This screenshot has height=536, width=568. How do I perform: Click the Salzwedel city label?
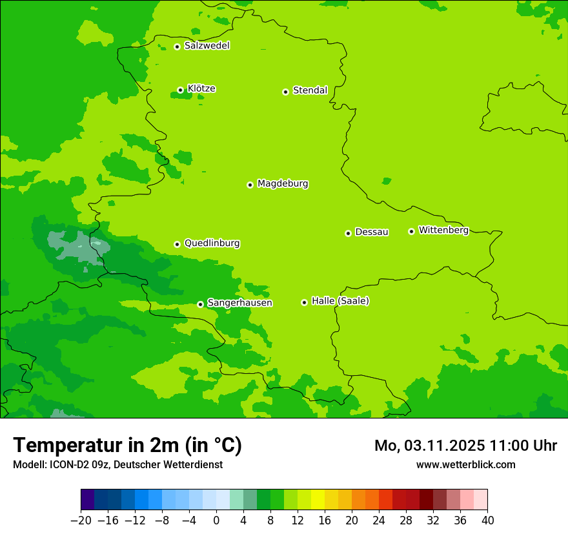[x=207, y=46]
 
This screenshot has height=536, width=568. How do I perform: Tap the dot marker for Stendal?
[x=285, y=92]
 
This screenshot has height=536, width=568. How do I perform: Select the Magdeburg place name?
[x=283, y=184]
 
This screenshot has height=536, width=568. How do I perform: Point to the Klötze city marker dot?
[x=180, y=90]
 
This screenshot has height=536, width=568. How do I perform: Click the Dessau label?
[x=372, y=232]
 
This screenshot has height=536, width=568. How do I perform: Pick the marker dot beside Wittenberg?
[x=411, y=231]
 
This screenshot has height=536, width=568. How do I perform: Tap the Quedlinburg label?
[x=212, y=243]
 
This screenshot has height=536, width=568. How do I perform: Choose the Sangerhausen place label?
[x=239, y=303]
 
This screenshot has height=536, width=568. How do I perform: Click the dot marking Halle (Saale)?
[x=304, y=302]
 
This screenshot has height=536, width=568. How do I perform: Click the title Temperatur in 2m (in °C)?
[x=127, y=445]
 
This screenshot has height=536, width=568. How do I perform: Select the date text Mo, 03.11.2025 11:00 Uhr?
[x=465, y=446]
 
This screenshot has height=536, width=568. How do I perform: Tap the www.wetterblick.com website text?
[x=465, y=464]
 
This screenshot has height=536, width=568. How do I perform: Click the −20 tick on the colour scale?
[x=81, y=520]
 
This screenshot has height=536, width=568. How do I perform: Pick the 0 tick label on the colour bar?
[x=216, y=520]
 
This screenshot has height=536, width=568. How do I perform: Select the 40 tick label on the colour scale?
[x=487, y=520]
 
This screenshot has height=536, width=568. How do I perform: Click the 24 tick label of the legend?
[x=379, y=520]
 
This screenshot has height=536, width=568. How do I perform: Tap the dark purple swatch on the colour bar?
[x=87, y=500]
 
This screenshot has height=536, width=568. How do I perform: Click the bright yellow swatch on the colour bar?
[x=318, y=500]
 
